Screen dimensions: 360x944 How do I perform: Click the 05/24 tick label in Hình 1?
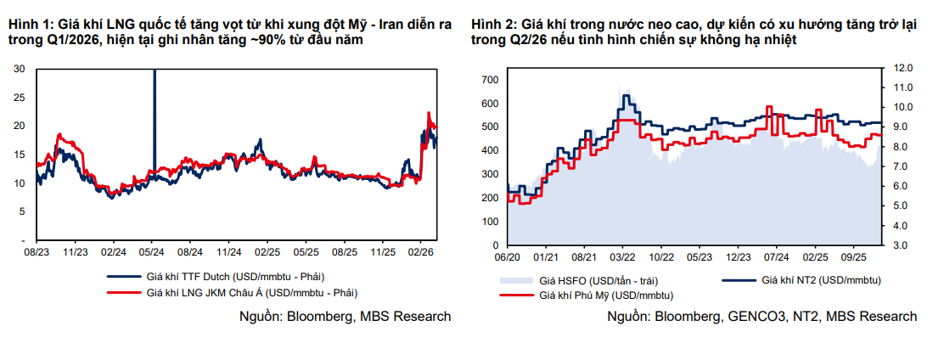pyautogui.click(x=152, y=252)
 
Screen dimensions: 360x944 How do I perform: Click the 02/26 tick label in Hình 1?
pyautogui.click(x=421, y=252)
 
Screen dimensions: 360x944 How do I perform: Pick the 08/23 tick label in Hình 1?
pyautogui.click(x=37, y=252)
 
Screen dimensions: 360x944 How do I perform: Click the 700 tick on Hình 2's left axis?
pyautogui.click(x=490, y=79)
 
